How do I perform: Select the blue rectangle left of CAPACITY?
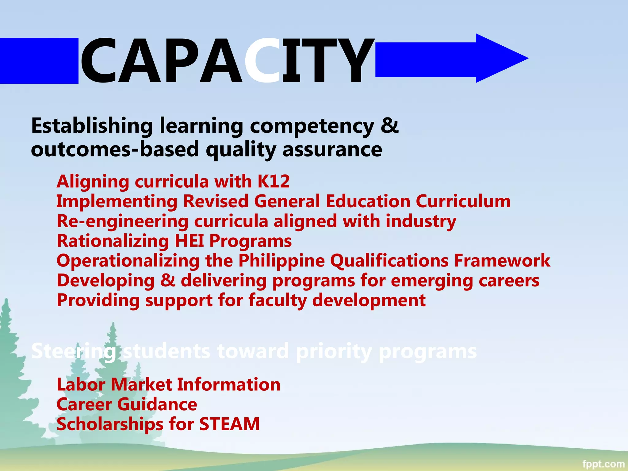pos(39,60)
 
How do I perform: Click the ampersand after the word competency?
pos(389,125)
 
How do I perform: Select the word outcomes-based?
pos(115,149)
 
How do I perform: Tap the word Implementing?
pos(117,202)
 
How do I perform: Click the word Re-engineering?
pos(123,222)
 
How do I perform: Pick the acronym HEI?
pos(189,241)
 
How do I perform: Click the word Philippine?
pos(281,261)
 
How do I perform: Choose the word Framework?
pos(502,261)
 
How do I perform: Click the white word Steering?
pos(74,351)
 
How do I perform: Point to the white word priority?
pos(334,351)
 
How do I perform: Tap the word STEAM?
pos(229,424)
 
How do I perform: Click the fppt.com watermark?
pos(603,464)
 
